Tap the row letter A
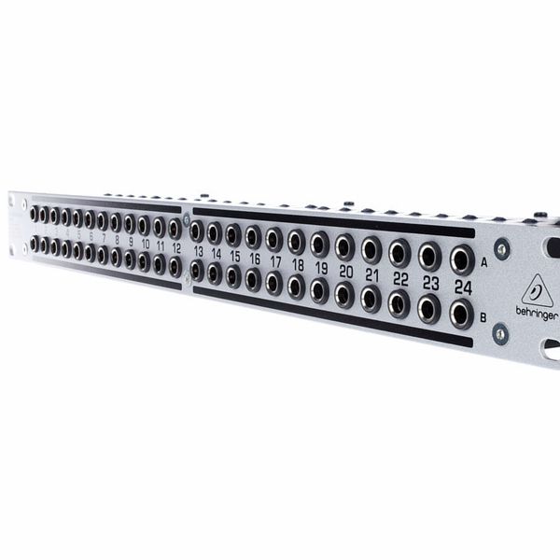[483, 264]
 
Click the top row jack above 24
[460, 258]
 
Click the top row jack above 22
[400, 251]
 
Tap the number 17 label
[275, 262]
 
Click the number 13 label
[198, 252]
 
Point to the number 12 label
[176, 247]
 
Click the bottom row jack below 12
[175, 267]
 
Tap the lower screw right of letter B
[500, 332]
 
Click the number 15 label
[234, 257]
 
